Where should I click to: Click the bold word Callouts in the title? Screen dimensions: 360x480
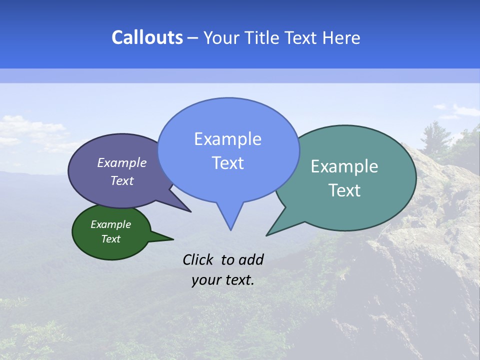147,37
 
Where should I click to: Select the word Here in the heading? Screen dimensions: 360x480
342,37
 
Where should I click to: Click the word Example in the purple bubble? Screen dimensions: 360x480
122,162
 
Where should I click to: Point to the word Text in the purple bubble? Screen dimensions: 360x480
122,180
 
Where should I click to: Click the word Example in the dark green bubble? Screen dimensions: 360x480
110,224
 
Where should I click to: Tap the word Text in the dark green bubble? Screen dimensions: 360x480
110,239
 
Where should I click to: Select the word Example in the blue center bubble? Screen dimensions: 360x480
227,139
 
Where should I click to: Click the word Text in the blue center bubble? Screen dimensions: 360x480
227,163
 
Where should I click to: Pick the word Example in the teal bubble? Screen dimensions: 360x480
344,166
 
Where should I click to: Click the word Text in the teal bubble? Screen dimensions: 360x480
344,190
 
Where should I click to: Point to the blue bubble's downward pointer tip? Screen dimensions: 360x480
230,229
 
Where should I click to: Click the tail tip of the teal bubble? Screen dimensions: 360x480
267,235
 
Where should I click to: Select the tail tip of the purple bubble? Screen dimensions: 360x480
190,211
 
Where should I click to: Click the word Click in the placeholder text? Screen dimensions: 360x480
198,259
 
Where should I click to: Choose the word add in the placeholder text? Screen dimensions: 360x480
250,259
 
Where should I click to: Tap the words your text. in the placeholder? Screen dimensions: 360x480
223,280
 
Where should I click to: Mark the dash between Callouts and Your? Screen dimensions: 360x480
193,37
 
